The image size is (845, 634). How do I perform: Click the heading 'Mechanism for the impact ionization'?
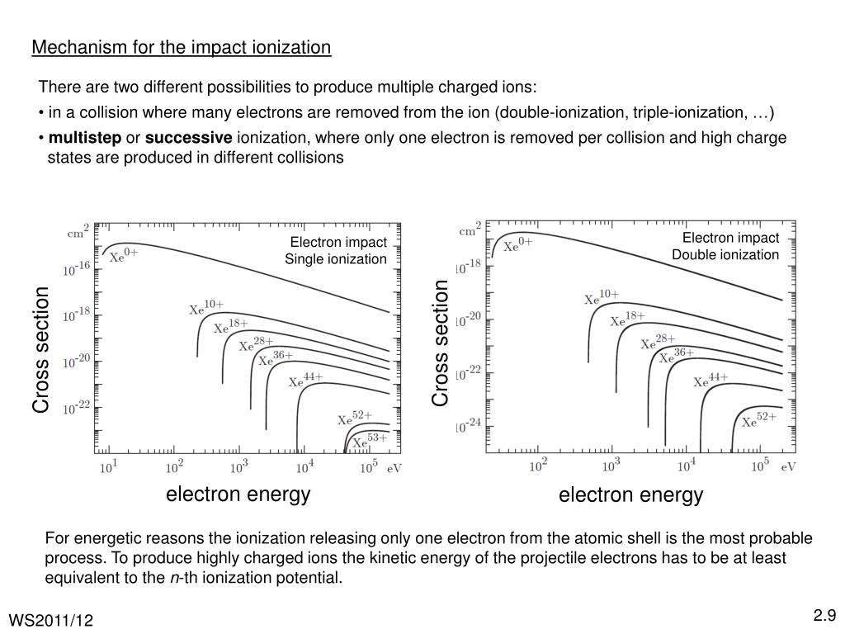click(182, 48)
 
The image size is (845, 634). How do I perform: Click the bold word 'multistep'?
click(85, 137)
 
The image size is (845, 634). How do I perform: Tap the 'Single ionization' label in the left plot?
click(336, 259)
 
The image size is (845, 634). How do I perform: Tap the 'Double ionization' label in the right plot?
click(725, 254)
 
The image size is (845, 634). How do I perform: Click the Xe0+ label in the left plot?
click(124, 255)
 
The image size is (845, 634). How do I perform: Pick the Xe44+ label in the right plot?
click(710, 381)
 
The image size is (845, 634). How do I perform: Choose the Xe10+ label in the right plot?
click(601, 297)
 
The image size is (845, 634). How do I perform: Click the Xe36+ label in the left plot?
click(276, 358)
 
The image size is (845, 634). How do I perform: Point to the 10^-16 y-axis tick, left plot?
click(78, 268)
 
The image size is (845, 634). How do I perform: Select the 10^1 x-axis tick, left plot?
click(108, 468)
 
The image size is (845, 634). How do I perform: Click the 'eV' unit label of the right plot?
click(788, 466)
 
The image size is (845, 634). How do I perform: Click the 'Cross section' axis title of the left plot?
click(41, 349)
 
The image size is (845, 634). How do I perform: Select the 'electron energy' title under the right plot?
click(630, 495)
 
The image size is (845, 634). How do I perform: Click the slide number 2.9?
click(824, 614)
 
